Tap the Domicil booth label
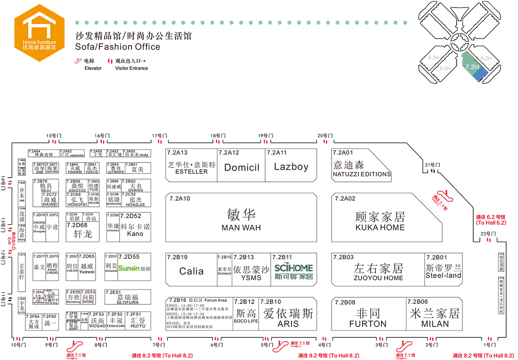pyautogui.click(x=242, y=167)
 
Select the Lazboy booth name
pyautogui.click(x=291, y=167)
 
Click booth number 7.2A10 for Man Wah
pyautogui.click(x=179, y=198)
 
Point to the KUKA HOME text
pyautogui.click(x=380, y=228)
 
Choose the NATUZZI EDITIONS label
pyautogui.click(x=362, y=174)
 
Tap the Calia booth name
pyautogui.click(x=191, y=271)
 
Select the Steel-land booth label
pyautogui.click(x=443, y=276)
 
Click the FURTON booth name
pyautogui.click(x=368, y=324)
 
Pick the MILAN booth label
pyautogui.click(x=435, y=324)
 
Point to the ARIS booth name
pyautogui.click(x=288, y=324)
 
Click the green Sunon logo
pyautogui.click(x=129, y=269)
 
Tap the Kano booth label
pyautogui.click(x=135, y=234)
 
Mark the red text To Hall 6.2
pyautogui.click(x=491, y=222)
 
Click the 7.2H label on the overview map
pyautogui.click(x=471, y=67)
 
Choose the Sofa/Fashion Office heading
pyautogui.click(x=118, y=47)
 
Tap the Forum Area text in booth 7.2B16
pyautogui.click(x=216, y=300)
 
